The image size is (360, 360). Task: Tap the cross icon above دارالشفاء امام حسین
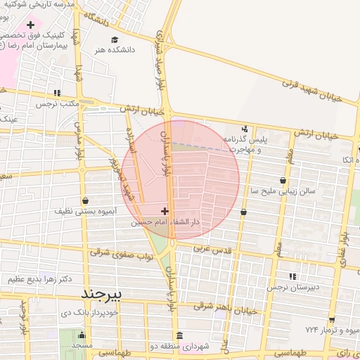coord(165,211)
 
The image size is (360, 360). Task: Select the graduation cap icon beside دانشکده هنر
coord(103,50)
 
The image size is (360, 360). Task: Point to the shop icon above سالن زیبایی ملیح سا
coord(283,180)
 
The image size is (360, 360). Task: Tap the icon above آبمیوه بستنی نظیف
coord(84,200)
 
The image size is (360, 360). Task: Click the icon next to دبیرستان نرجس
coord(292,276)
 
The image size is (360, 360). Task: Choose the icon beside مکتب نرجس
coord(57,93)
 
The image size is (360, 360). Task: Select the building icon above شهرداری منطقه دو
coord(179,335)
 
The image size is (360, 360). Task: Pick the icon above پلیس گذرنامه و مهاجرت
coord(245,129)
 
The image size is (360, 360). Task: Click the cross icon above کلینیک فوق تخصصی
coord(30,25)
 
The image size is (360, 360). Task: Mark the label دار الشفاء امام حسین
coord(166,221)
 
